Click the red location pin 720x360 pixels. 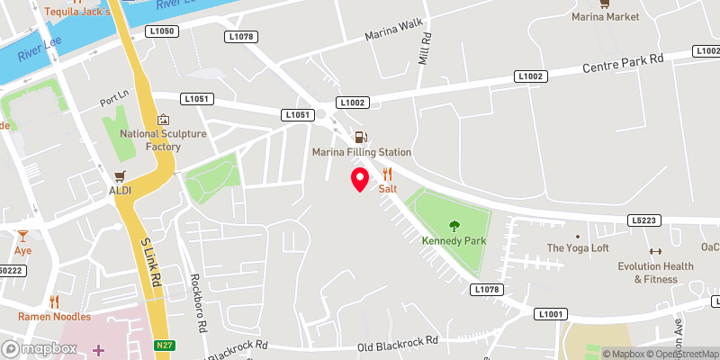point(360,179)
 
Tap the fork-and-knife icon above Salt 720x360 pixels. point(388,174)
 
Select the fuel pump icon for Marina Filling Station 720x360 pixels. point(361,138)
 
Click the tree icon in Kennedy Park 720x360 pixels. point(454,226)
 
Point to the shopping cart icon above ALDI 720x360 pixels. point(119,175)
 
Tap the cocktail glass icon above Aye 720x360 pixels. point(22,236)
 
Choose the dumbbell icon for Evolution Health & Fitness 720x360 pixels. point(655,251)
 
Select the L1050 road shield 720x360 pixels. point(163,31)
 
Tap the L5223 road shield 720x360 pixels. point(645,220)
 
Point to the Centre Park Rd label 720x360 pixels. point(623,63)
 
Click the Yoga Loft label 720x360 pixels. point(578,247)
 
